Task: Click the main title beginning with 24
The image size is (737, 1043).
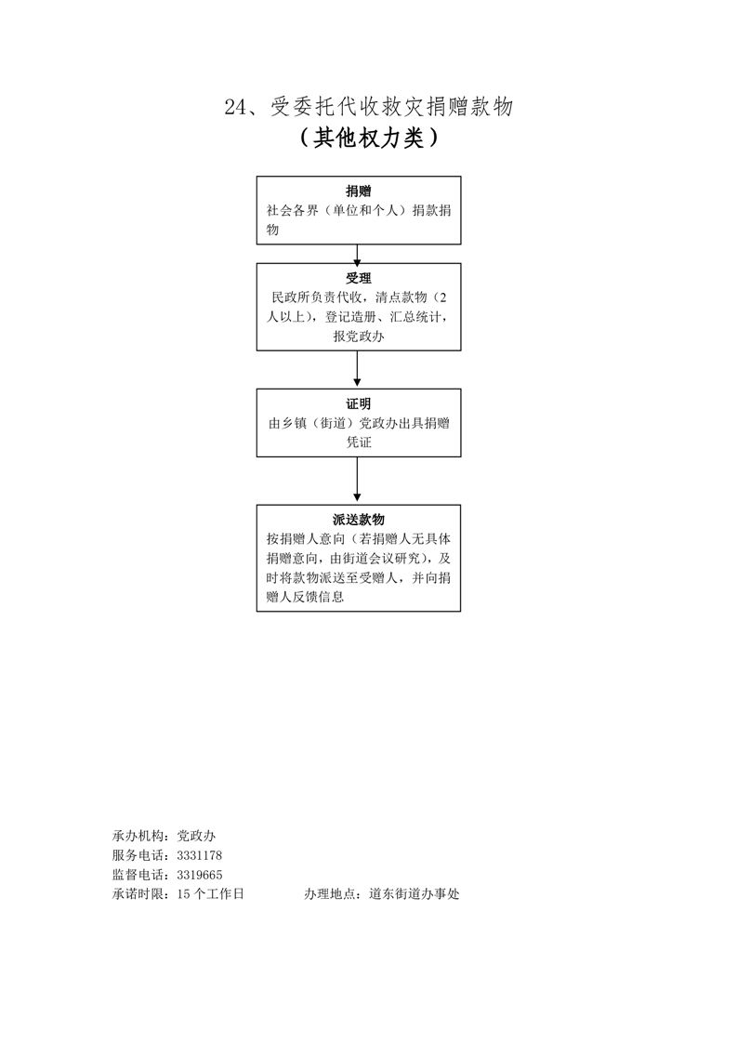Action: (368, 108)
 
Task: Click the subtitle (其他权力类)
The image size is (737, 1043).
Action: (368, 139)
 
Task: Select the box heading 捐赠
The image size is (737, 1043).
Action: (358, 191)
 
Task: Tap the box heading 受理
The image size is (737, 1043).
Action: (358, 278)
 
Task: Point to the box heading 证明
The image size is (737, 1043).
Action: (358, 403)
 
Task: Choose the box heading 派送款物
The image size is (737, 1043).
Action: (358, 520)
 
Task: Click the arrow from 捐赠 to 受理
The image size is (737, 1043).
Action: (358, 254)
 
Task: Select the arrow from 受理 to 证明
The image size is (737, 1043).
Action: (358, 368)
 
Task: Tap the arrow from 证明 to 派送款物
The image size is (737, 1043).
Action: (358, 481)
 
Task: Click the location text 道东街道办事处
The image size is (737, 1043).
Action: (414, 894)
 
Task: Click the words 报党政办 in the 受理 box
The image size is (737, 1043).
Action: (358, 337)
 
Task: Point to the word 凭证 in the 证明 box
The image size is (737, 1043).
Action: (358, 442)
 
